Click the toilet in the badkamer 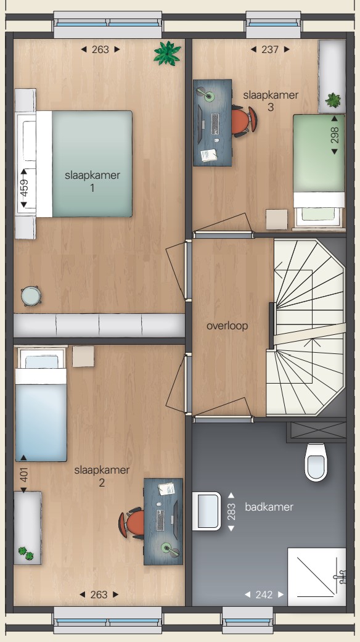pyautogui.click(x=316, y=462)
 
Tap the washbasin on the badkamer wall pyautogui.click(x=207, y=511)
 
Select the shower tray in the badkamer pyautogui.click(x=316, y=577)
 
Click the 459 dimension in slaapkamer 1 pyautogui.click(x=23, y=188)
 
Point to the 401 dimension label pyautogui.click(x=23, y=474)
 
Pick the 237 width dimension pyautogui.click(x=270, y=49)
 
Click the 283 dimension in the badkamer pyautogui.click(x=231, y=512)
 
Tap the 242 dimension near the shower pyautogui.click(x=264, y=595)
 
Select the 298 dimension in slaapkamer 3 pyautogui.click(x=334, y=135)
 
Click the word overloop pyautogui.click(x=227, y=326)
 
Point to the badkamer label pyautogui.click(x=269, y=507)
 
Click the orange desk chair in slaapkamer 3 pyautogui.click(x=244, y=121)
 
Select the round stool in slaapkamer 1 pyautogui.click(x=31, y=295)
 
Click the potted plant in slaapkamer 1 pyautogui.click(x=167, y=53)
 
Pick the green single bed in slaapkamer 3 pyautogui.click(x=319, y=171)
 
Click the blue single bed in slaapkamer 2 pyautogui.click(x=41, y=405)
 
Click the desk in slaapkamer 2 pyautogui.click(x=163, y=522)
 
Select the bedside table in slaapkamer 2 pyautogui.click(x=83, y=356)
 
